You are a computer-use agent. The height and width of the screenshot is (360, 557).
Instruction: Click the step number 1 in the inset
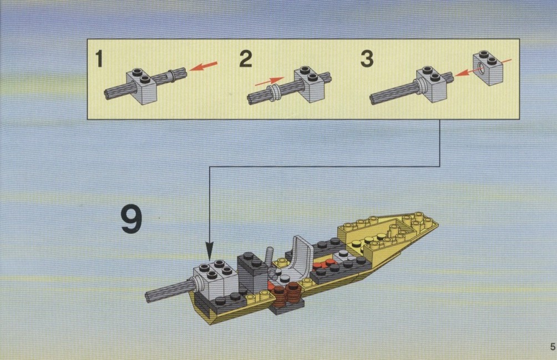pyautogui.click(x=99, y=59)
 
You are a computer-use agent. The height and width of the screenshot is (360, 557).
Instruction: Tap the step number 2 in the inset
pyautogui.click(x=246, y=59)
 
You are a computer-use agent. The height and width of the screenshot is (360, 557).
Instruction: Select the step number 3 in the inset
pyautogui.click(x=367, y=59)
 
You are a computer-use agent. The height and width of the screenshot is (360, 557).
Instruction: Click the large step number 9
pyautogui.click(x=131, y=219)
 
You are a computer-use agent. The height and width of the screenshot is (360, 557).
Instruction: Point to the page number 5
pyautogui.click(x=553, y=347)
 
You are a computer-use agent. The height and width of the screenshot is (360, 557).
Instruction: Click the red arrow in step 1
pyautogui.click(x=203, y=66)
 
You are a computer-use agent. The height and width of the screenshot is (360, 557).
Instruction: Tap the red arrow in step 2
pyautogui.click(x=270, y=82)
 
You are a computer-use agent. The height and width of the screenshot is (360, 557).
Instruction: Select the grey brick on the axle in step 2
pyautogui.click(x=310, y=84)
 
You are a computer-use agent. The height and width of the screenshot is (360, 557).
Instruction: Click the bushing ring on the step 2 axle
pyautogui.click(x=274, y=93)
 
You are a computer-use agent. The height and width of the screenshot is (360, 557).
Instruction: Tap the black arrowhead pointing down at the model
pyautogui.click(x=210, y=251)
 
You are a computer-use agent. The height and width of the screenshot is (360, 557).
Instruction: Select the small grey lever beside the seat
pyautogui.click(x=270, y=255)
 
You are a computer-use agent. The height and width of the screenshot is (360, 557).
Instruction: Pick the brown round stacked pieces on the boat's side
pyautogui.click(x=287, y=293)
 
